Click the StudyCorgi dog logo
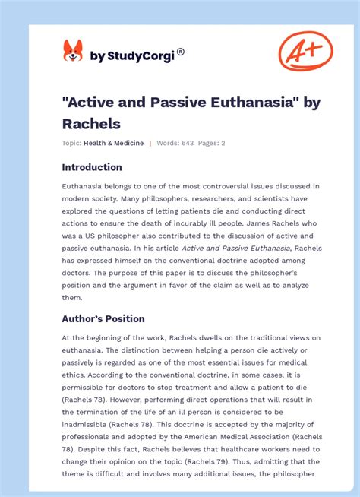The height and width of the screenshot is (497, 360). pyautogui.click(x=72, y=51)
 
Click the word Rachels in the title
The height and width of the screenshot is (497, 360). pyautogui.click(x=91, y=122)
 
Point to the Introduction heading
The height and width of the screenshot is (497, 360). pyautogui.click(x=92, y=167)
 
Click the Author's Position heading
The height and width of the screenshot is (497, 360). pyautogui.click(x=103, y=319)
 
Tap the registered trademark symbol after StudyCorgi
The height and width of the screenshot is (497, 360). pyautogui.click(x=180, y=52)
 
